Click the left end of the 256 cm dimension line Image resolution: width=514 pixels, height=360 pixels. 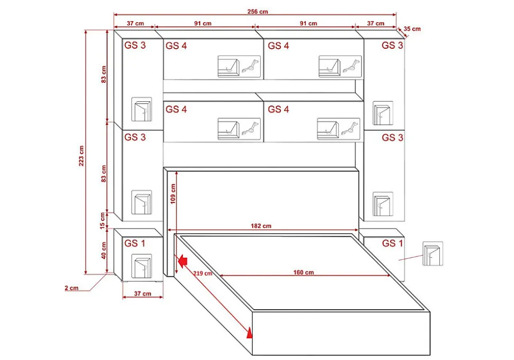click(114, 15)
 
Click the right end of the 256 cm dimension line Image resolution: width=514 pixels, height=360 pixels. click(396, 15)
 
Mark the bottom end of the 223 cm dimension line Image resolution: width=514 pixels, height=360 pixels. click(86, 274)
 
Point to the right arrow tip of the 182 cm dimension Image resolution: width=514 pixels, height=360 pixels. click(358, 230)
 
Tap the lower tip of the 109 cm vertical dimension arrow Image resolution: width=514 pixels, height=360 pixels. click(176, 273)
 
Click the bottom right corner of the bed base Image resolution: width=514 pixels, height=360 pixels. click(430, 355)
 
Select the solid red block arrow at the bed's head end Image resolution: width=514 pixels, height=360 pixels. click(182, 261)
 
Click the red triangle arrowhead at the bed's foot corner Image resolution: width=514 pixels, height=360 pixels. click(250, 332)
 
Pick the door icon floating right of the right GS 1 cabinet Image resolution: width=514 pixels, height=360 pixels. click(433, 253)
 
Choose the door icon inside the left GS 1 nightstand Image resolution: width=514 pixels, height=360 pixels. click(141, 266)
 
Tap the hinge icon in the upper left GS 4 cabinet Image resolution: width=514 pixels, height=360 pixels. click(251, 67)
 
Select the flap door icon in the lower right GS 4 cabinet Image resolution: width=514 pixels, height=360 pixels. click(328, 129)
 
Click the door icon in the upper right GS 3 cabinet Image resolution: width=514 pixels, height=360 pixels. click(383, 113)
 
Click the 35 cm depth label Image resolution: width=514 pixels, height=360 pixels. click(412, 29)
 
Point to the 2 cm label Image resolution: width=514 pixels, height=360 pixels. click(72, 288)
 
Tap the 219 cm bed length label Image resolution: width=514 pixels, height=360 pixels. click(202, 273)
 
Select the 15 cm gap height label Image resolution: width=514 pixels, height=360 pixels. click(103, 221)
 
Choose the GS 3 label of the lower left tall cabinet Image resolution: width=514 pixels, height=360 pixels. click(135, 137)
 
